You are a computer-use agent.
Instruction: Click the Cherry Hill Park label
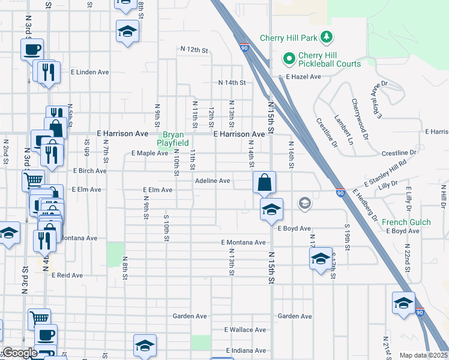(288, 38)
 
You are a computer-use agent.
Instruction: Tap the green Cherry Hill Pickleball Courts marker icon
(289, 59)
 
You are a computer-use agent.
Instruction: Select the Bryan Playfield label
(173, 139)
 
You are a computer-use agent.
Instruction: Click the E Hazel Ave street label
(304, 77)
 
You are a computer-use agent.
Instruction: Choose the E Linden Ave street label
(89, 72)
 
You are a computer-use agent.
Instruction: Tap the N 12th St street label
(194, 49)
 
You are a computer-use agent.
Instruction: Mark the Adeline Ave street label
(212, 181)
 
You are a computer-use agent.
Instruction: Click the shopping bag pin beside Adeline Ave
(264, 181)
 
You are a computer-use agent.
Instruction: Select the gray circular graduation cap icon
(304, 203)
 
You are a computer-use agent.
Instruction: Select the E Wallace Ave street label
(245, 330)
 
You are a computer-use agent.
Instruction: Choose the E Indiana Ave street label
(246, 350)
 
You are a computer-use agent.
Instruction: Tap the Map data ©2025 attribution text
(424, 355)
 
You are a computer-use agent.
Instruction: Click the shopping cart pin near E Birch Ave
(34, 179)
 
